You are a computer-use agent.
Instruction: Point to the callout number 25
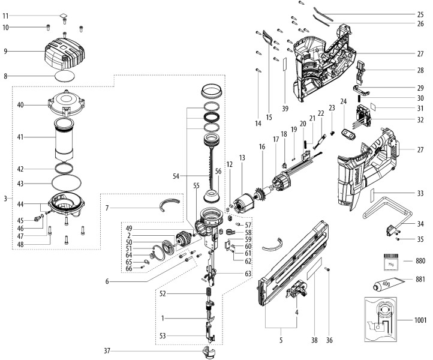[x=420, y=14]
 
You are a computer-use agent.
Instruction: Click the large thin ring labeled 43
[x=65, y=183]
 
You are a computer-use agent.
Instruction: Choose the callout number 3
[x=6, y=197]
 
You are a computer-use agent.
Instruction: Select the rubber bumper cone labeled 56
[x=211, y=195]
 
